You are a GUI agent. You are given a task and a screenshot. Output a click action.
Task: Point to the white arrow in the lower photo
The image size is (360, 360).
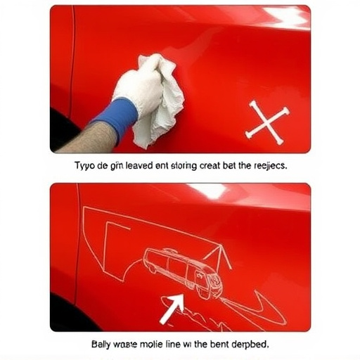click(170, 307)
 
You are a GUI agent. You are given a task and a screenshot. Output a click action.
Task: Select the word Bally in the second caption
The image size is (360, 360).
click(103, 345)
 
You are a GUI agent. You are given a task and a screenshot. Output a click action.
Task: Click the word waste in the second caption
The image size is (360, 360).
click(130, 345)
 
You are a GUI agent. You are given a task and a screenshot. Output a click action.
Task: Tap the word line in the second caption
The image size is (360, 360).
click(183, 345)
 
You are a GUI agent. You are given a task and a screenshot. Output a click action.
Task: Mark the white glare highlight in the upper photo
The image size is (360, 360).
click(285, 16)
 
